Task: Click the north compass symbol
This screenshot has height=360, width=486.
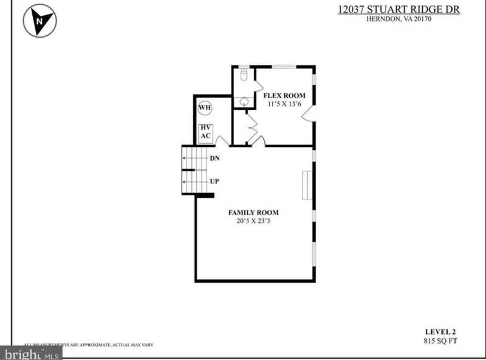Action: click(x=39, y=21)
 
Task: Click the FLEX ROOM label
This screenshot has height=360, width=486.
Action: click(x=284, y=96)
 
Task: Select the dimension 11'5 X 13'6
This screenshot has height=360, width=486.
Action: click(x=284, y=104)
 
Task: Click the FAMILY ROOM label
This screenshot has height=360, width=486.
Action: click(x=253, y=212)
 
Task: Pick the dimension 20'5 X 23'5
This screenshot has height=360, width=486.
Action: click(x=253, y=221)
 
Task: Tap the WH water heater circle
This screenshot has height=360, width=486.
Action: click(x=205, y=109)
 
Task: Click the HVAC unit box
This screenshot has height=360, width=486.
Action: click(x=205, y=132)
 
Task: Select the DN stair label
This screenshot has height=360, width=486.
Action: click(x=214, y=158)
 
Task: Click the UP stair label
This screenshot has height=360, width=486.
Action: click(x=214, y=181)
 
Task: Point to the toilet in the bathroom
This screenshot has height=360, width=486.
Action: click(x=244, y=75)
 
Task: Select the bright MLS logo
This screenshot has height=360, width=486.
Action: click(x=30, y=353)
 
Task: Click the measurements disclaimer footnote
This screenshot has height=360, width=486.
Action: click(x=88, y=344)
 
